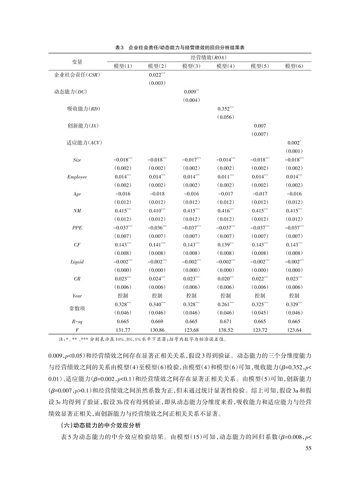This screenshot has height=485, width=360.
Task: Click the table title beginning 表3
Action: click(x=179, y=47)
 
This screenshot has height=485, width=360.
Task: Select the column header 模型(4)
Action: click(x=226, y=66)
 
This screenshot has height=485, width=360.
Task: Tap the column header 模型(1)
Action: click(x=123, y=66)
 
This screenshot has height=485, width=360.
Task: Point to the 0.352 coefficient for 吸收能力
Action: click(x=225, y=109)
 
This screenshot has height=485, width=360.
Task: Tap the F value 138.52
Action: click(x=225, y=330)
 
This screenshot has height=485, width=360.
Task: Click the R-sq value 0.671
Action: click(x=225, y=321)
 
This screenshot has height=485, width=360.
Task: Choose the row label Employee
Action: click(x=77, y=176)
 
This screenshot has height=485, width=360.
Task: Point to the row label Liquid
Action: click(x=77, y=261)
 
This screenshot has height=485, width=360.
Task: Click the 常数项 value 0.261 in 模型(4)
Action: click(x=225, y=304)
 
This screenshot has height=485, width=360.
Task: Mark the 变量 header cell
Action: click(x=77, y=62)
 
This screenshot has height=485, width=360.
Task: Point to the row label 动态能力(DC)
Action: click(x=74, y=92)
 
